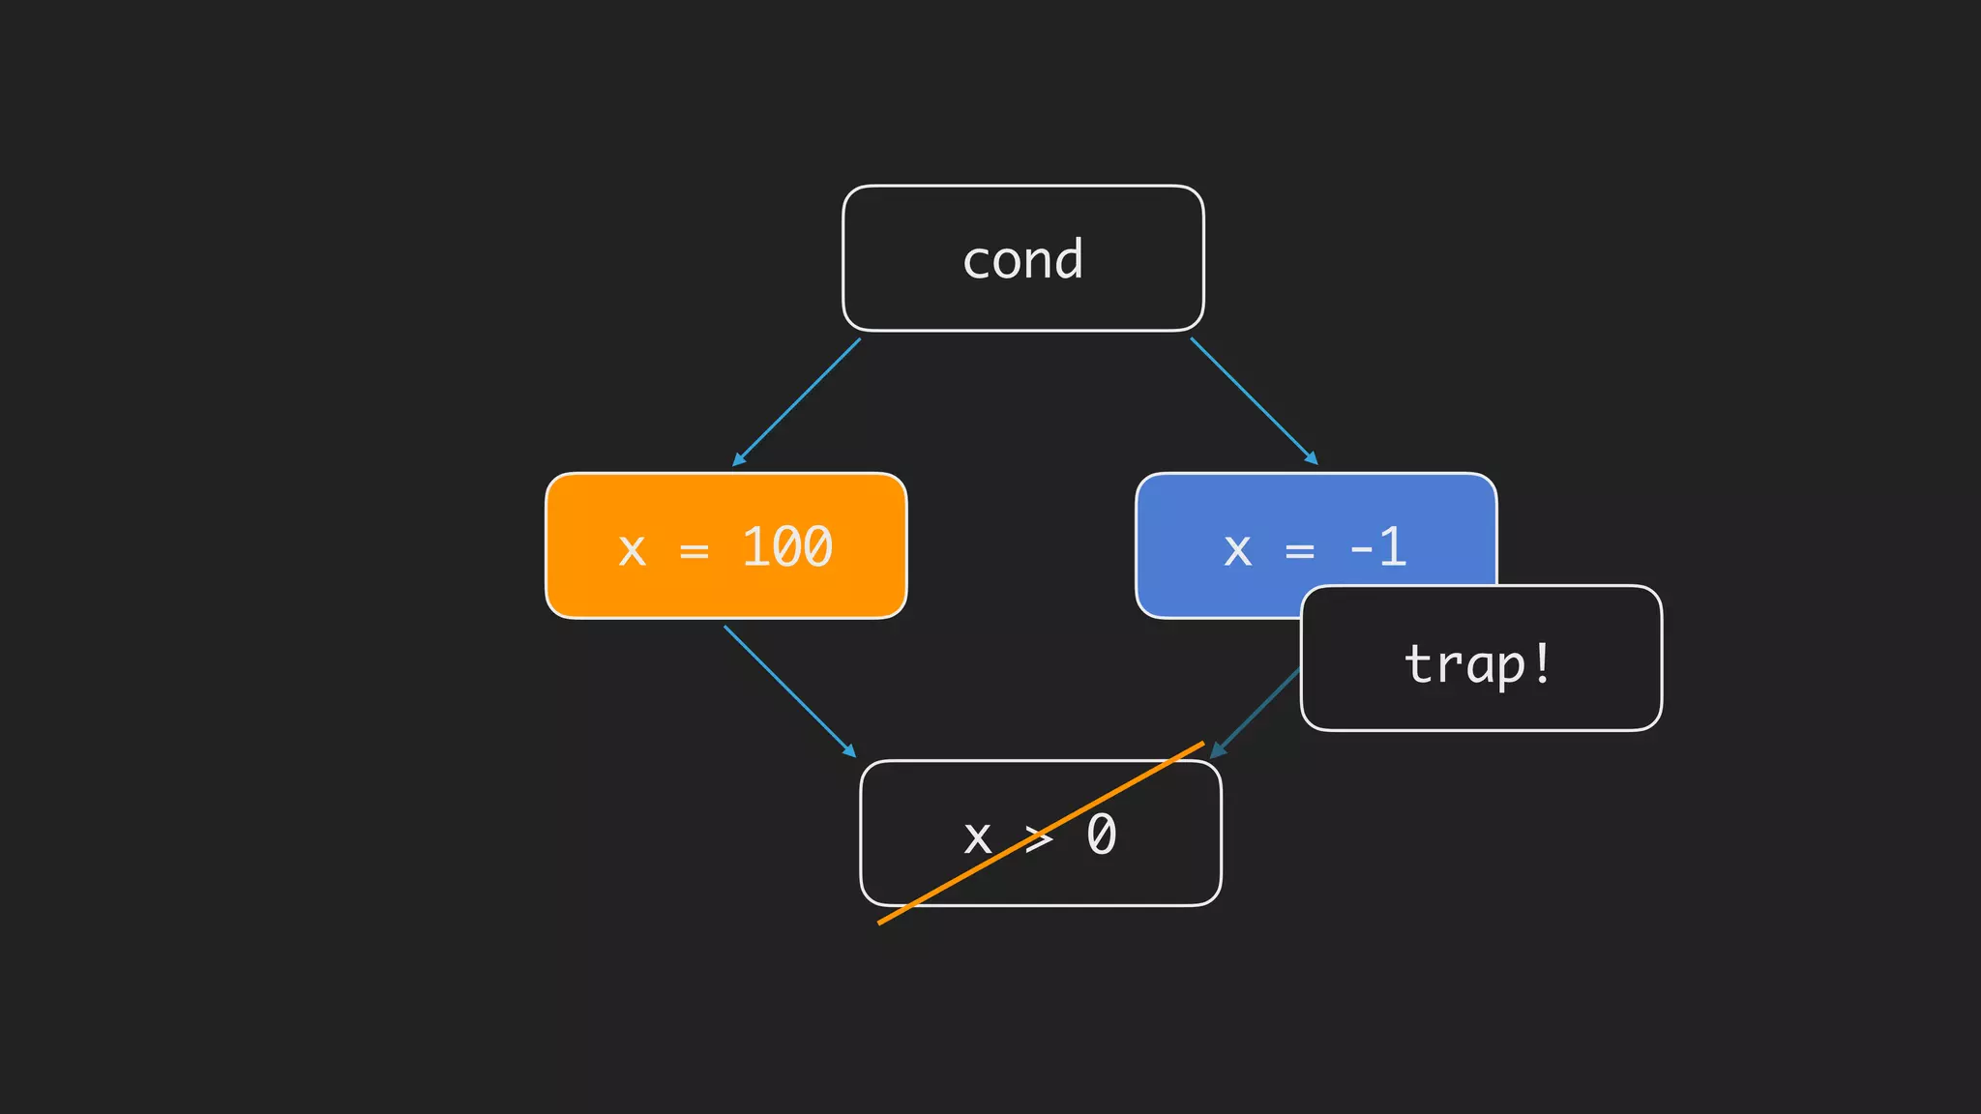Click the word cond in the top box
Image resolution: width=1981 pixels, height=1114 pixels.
click(x=1022, y=259)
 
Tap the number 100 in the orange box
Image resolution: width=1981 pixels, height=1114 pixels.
click(x=786, y=547)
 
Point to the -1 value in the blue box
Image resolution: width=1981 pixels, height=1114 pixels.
click(x=1377, y=547)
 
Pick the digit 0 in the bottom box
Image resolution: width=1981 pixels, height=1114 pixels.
click(x=1101, y=835)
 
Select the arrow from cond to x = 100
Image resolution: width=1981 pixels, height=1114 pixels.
click(x=796, y=401)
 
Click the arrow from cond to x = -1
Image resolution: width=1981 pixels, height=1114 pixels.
click(x=1254, y=401)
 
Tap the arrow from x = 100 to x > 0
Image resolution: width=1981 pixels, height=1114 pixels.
click(x=789, y=690)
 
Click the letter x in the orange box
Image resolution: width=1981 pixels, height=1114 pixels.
click(x=632, y=550)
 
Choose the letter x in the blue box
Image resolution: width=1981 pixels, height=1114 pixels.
click(x=1237, y=550)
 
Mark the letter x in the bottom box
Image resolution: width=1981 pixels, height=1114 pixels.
click(x=977, y=837)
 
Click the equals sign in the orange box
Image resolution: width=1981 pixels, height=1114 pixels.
click(x=694, y=551)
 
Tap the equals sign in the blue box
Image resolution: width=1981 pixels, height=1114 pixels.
click(x=1299, y=551)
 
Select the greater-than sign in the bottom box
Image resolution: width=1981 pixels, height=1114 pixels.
click(x=1039, y=837)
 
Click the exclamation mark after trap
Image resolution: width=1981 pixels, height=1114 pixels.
click(x=1542, y=662)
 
